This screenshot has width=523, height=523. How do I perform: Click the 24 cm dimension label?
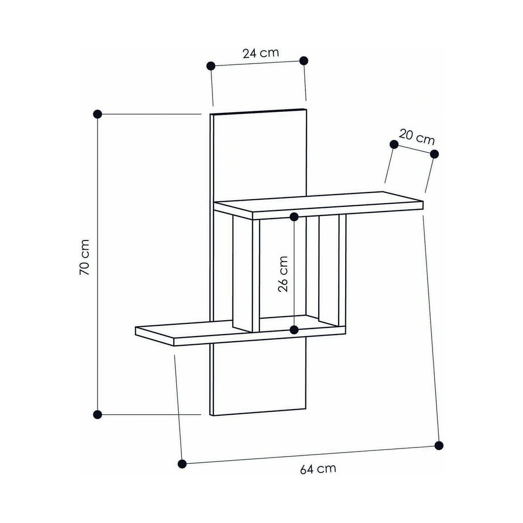point(260,53)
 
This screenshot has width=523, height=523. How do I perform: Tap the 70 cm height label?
point(85,257)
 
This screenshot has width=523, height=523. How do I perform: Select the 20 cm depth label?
point(417,137)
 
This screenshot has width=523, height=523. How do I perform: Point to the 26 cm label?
point(283,274)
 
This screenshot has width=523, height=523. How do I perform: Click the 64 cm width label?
point(318,469)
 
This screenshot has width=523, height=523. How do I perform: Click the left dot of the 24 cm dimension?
point(211,66)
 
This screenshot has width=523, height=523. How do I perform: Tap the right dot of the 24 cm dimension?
point(304,61)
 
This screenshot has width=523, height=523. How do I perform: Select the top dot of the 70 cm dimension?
point(98,114)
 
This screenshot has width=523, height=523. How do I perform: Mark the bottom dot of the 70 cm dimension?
point(98,415)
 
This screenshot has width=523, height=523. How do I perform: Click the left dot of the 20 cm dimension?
point(394,145)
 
